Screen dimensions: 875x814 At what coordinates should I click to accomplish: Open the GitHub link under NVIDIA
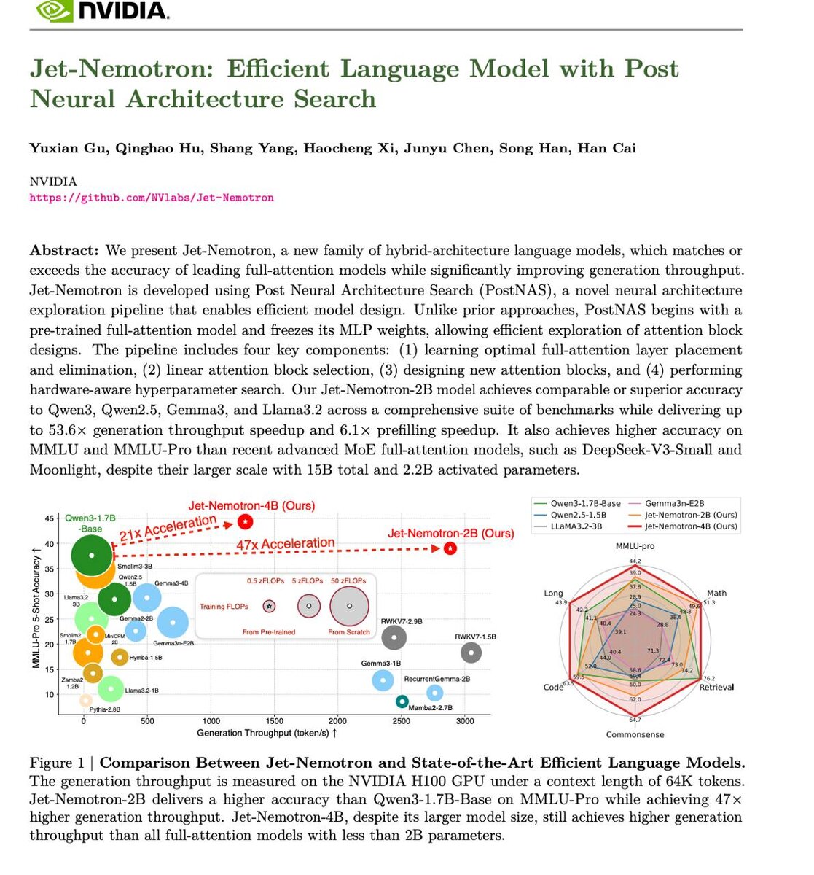point(152,198)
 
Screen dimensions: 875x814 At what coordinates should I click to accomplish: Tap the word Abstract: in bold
point(64,250)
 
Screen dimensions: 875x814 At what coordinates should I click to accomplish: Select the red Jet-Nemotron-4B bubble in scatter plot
point(246,521)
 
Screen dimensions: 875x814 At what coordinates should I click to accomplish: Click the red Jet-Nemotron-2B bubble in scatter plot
point(450,548)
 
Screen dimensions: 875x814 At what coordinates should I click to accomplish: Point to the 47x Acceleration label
point(285,544)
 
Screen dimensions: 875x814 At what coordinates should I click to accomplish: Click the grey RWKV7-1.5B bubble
point(471,652)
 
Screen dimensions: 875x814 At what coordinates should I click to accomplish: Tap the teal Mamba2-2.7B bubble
point(402,701)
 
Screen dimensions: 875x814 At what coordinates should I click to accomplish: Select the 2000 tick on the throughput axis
point(337,721)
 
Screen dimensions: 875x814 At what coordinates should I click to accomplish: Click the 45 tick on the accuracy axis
point(49,518)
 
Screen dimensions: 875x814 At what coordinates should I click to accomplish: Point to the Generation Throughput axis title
point(267,733)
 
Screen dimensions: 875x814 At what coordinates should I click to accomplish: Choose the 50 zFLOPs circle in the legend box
point(349,606)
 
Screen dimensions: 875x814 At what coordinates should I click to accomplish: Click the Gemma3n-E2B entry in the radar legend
point(674,503)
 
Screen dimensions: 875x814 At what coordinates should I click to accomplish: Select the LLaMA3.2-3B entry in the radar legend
point(576,526)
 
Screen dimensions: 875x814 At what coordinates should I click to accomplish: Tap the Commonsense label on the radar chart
point(635,734)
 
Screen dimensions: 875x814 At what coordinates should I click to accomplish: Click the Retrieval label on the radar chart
point(716,687)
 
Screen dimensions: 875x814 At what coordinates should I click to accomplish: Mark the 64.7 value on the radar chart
point(635,720)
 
